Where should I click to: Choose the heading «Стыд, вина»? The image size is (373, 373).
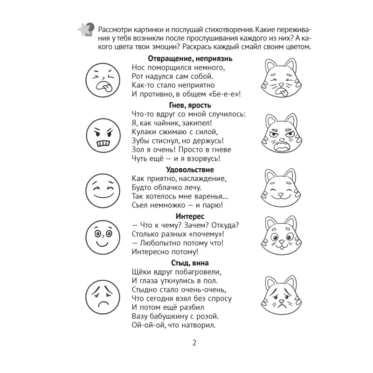pyautogui.click(x=186, y=263)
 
